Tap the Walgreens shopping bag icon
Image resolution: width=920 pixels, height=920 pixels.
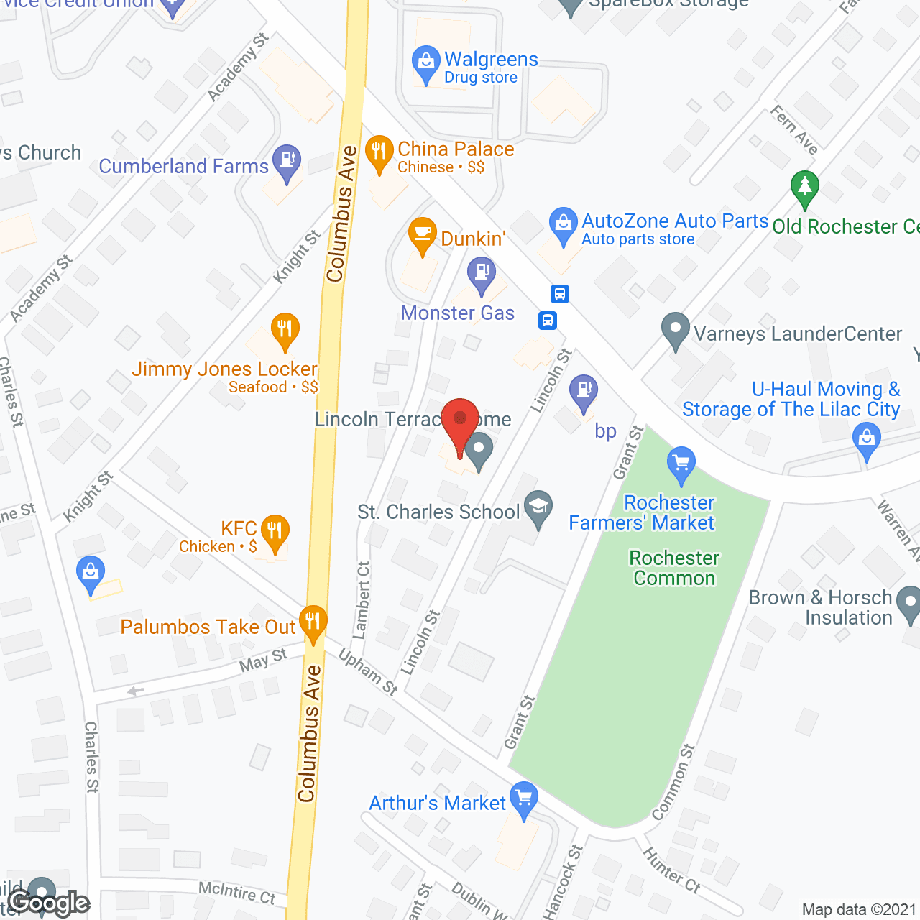(426, 63)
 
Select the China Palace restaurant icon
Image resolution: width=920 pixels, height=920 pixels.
(379, 152)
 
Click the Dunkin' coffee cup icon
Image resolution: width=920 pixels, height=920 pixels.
(422, 234)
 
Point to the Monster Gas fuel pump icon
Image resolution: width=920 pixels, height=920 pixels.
(482, 275)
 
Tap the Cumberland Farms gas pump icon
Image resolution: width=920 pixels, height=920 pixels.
(287, 162)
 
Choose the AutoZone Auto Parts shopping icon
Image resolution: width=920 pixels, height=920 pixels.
(563, 224)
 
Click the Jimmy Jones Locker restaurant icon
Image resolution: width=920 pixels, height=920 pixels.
(285, 331)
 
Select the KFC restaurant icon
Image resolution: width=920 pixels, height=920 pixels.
(275, 532)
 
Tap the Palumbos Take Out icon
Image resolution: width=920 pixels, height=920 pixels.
(313, 622)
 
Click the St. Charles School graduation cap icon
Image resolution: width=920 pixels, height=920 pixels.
(538, 507)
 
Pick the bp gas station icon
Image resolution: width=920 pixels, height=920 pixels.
(584, 392)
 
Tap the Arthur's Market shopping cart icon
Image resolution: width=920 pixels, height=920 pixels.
(524, 799)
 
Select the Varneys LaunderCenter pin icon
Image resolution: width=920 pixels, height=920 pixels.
(675, 329)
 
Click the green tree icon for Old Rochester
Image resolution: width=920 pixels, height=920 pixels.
(804, 187)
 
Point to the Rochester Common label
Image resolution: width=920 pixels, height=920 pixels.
(674, 568)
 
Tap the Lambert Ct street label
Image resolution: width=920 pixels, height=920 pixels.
(362, 600)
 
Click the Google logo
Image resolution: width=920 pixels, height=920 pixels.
(49, 903)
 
